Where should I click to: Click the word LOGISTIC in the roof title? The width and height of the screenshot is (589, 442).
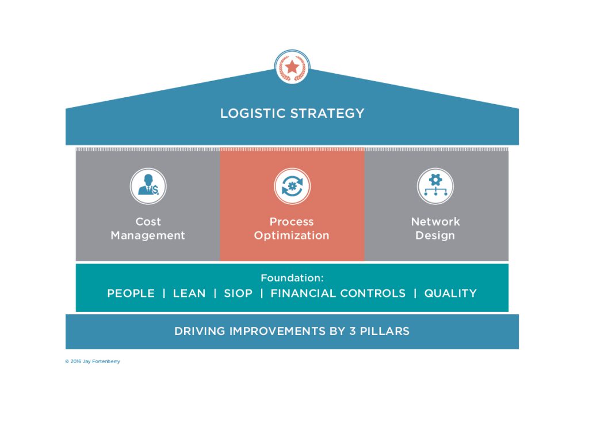click(253, 113)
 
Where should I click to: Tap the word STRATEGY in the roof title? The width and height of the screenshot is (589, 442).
click(327, 113)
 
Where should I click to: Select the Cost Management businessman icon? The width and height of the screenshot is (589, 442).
click(148, 186)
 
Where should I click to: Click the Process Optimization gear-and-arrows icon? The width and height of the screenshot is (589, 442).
click(292, 186)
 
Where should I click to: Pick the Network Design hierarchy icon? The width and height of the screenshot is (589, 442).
click(435, 186)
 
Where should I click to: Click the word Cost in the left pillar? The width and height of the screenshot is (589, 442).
click(148, 222)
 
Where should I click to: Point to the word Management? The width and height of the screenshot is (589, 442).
click(148, 235)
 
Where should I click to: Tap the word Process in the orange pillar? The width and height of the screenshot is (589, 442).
click(292, 222)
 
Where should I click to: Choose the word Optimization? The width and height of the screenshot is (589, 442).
click(292, 235)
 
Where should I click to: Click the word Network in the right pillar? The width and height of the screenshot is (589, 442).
click(435, 222)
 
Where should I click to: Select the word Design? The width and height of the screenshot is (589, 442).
click(435, 235)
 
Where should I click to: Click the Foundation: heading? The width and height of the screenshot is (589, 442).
click(292, 278)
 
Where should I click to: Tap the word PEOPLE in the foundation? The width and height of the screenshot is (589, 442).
click(131, 293)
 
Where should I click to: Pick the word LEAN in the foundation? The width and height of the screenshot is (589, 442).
click(189, 293)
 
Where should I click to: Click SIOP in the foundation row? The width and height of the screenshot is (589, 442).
click(238, 293)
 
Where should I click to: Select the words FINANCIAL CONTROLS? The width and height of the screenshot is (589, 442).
click(338, 293)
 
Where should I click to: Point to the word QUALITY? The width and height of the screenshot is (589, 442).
click(450, 293)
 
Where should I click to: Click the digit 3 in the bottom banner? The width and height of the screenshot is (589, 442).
click(353, 331)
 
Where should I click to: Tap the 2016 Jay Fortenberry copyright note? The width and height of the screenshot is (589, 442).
click(93, 361)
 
